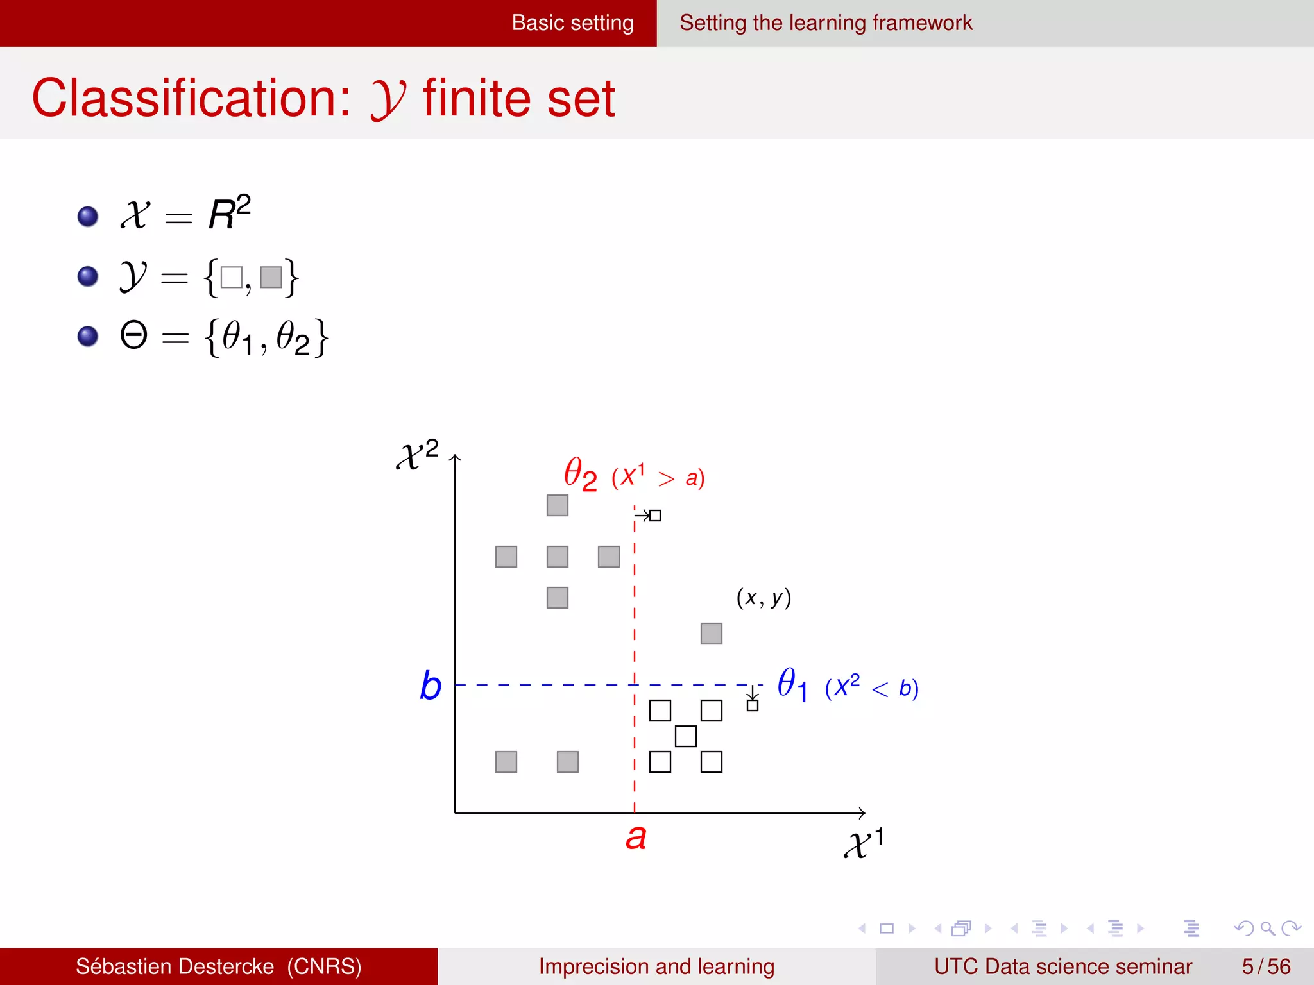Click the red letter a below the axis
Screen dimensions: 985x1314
click(x=636, y=838)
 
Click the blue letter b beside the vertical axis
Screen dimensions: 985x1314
click(x=431, y=686)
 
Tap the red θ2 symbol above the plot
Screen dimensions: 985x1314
click(x=580, y=474)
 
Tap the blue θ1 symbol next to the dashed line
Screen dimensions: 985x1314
click(x=792, y=684)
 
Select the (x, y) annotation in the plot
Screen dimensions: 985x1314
click(x=764, y=598)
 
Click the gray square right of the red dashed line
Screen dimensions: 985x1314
click(x=711, y=634)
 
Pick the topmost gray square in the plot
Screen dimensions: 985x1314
click(x=557, y=505)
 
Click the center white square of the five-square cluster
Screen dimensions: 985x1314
click(x=685, y=736)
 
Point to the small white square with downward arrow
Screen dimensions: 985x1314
click(x=753, y=705)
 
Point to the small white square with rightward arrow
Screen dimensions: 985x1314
click(x=655, y=516)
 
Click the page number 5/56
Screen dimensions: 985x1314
click(x=1266, y=966)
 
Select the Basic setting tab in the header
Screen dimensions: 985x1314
click(x=572, y=23)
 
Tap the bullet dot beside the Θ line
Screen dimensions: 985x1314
click(x=88, y=336)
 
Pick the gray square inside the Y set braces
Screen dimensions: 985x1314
click(x=271, y=277)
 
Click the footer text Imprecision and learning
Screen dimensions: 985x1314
click(x=656, y=966)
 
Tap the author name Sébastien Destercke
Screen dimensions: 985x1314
click(x=175, y=966)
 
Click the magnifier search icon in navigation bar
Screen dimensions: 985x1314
click(x=1267, y=928)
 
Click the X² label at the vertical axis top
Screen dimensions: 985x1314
click(x=417, y=455)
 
